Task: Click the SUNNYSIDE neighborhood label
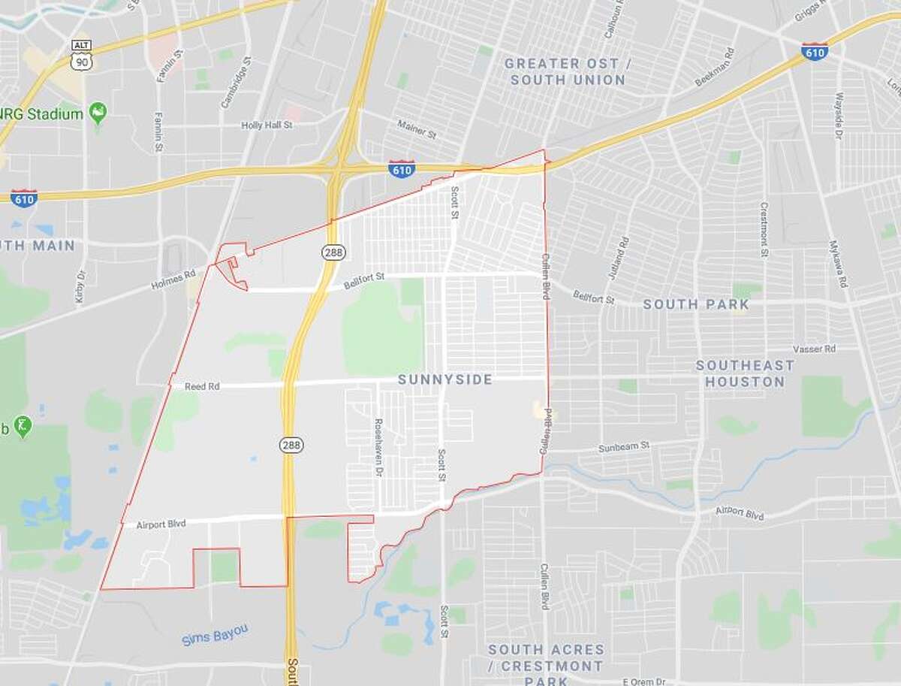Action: pyautogui.click(x=444, y=379)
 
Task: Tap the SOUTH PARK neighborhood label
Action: pyautogui.click(x=696, y=304)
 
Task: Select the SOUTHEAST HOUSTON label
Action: pyautogui.click(x=745, y=373)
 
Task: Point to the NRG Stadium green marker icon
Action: pyautogui.click(x=98, y=113)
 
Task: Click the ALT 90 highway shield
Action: pyautogui.click(x=80, y=55)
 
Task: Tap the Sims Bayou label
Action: pyautogui.click(x=215, y=635)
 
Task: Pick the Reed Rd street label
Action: pyautogui.click(x=202, y=386)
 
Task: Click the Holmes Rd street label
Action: pyautogui.click(x=173, y=280)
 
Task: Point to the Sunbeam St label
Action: pyautogui.click(x=624, y=446)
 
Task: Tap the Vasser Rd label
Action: pyautogui.click(x=815, y=349)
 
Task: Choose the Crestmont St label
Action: pyautogui.click(x=764, y=229)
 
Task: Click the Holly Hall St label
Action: pyautogui.click(x=267, y=125)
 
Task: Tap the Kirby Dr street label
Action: pyautogui.click(x=80, y=286)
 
